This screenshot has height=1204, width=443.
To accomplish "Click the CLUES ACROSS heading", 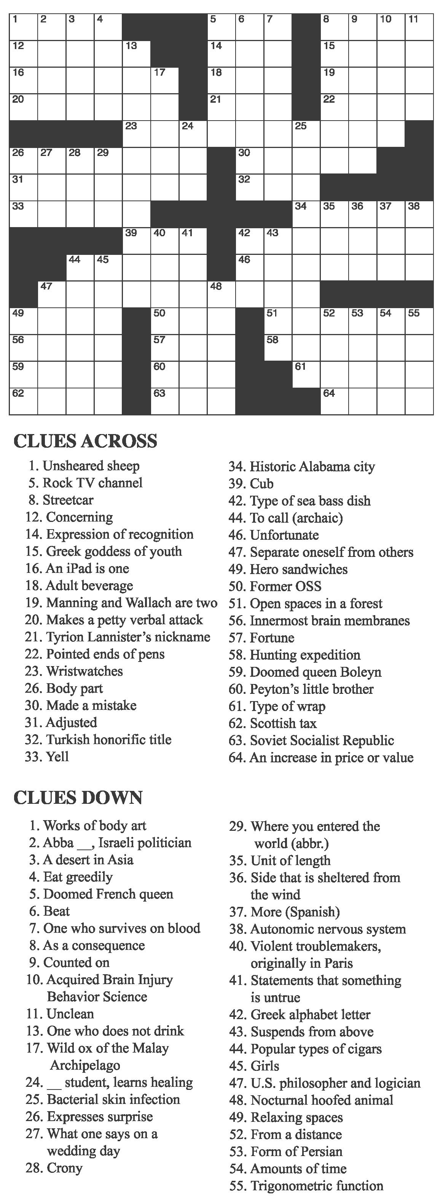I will (x=85, y=441).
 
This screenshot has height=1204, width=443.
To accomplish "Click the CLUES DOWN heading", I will (x=78, y=797).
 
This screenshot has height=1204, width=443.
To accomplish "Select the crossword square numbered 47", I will (x=52, y=294).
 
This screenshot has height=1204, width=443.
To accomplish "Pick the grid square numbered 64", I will (x=335, y=401).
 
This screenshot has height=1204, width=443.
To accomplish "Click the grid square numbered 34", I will (x=306, y=215).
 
